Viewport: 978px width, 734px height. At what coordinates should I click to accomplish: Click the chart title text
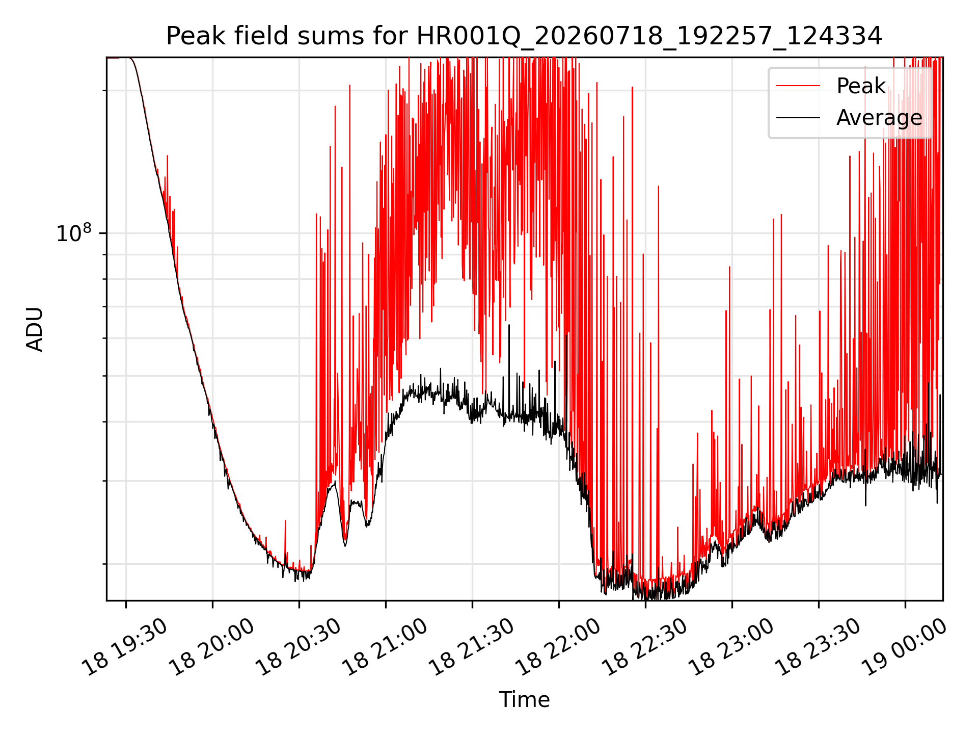(524, 36)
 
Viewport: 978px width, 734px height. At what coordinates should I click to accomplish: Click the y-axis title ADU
(35, 329)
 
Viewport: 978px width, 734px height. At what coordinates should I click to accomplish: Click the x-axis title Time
(524, 699)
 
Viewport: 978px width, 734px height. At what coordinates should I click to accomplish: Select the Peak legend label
(861, 86)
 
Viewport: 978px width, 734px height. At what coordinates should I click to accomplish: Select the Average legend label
(879, 118)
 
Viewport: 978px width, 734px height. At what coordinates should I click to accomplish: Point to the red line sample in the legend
(798, 86)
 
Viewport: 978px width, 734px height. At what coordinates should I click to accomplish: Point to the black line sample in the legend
(798, 118)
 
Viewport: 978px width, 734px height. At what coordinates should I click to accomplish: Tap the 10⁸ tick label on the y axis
(74, 233)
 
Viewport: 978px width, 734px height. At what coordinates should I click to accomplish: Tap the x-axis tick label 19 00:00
(905, 647)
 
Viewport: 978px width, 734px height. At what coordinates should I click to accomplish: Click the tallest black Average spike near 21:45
(509, 326)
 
